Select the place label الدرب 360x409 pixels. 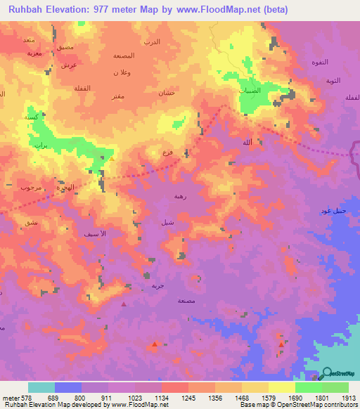coord(152,42)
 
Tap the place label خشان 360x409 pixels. coord(166,93)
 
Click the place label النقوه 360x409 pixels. coord(320,63)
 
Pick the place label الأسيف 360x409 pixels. coord(94,233)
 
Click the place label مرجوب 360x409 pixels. coord(32,188)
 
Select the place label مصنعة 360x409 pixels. coord(186,300)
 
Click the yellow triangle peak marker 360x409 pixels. coord(111,158)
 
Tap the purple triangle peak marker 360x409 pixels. coord(124,304)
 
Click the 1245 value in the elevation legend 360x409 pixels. coord(188,397)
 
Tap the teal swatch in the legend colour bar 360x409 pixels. coord(41,387)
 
